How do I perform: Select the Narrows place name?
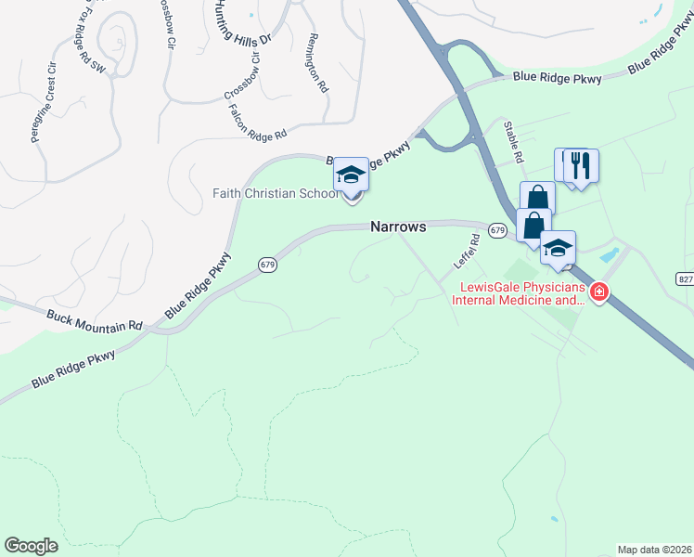(398, 227)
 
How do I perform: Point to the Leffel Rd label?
(467, 251)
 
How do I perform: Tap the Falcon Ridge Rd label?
(257, 123)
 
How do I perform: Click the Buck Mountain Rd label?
(96, 320)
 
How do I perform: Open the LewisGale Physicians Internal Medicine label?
(520, 294)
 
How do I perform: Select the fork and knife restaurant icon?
(581, 166)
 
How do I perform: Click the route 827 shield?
(685, 279)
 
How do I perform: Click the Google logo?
(32, 546)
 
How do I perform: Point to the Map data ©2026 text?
(653, 549)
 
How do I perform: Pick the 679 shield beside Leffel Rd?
(497, 229)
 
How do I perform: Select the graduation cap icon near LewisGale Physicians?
(558, 248)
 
